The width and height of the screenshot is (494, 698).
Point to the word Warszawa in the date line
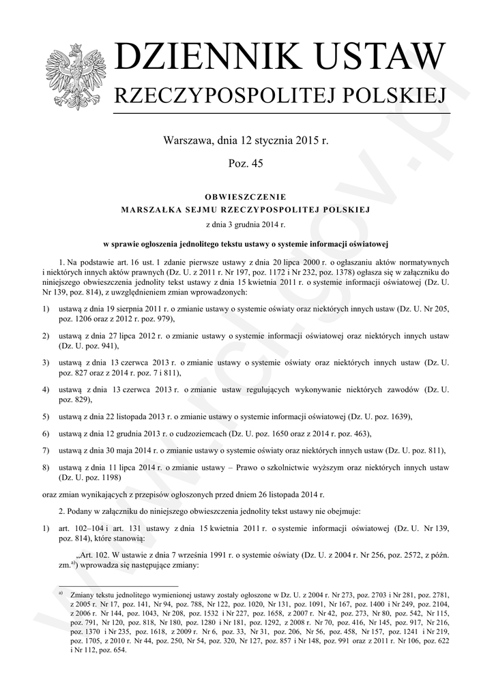pyautogui.click(x=187, y=141)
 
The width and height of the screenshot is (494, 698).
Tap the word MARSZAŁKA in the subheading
pyautogui.click(x=151, y=209)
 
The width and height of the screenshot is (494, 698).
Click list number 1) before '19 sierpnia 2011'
pyautogui.click(x=45, y=309)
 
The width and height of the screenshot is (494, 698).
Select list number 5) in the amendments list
pyautogui.click(x=45, y=416)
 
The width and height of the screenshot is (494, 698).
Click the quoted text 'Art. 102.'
pyautogui.click(x=100, y=555)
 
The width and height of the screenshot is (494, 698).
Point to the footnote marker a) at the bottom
pyautogui.click(x=61, y=593)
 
